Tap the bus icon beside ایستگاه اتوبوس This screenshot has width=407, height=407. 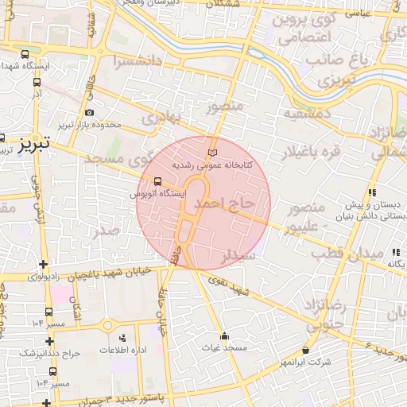pyautogui.click(x=157, y=180)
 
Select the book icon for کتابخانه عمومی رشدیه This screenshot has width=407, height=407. pyautogui.click(x=211, y=151)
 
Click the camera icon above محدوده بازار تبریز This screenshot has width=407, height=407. pyautogui.click(x=88, y=112)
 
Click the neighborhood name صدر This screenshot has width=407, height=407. pyautogui.click(x=107, y=231)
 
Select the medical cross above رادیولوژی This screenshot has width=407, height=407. pyautogui.click(x=44, y=264)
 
